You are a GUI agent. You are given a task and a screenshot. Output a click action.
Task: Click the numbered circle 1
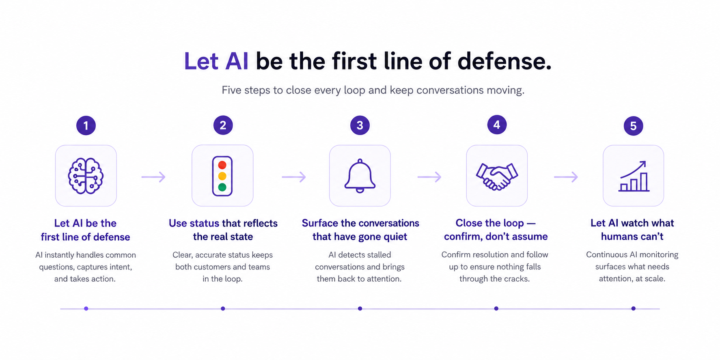tap(86, 126)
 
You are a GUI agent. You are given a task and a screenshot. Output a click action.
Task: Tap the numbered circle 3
tap(360, 126)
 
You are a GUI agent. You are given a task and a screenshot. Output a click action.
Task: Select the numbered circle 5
tap(633, 126)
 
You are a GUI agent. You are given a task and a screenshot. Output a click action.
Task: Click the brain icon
tap(86, 176)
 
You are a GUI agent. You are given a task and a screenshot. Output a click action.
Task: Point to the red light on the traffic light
tap(222, 165)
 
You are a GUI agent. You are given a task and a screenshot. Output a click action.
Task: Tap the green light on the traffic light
tap(222, 187)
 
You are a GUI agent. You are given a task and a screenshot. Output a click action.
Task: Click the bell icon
tap(360, 176)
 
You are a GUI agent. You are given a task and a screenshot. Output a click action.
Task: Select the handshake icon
tap(497, 176)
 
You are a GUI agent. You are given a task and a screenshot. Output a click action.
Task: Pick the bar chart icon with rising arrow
tap(634, 176)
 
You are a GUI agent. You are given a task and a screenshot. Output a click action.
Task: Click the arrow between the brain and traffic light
tap(153, 177)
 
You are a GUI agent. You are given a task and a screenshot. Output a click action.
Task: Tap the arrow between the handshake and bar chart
tap(566, 177)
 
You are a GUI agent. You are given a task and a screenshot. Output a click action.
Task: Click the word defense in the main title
tap(504, 62)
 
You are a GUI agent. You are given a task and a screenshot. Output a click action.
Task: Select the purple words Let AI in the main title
tap(216, 62)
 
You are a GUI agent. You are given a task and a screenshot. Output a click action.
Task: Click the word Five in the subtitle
tap(231, 90)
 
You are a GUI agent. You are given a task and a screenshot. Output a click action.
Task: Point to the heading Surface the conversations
tap(360, 223)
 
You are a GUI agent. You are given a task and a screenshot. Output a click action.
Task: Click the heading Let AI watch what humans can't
tap(632, 230)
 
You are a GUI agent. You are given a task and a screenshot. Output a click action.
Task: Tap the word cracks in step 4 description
tap(517, 279)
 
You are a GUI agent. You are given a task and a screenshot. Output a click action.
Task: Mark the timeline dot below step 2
tap(223, 309)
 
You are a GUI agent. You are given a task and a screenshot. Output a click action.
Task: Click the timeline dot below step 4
tap(496, 309)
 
